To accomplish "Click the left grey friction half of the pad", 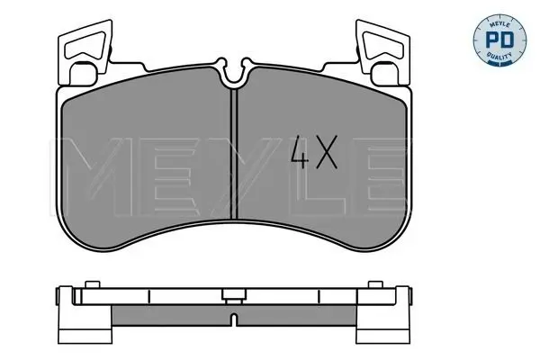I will tap(148, 162).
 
